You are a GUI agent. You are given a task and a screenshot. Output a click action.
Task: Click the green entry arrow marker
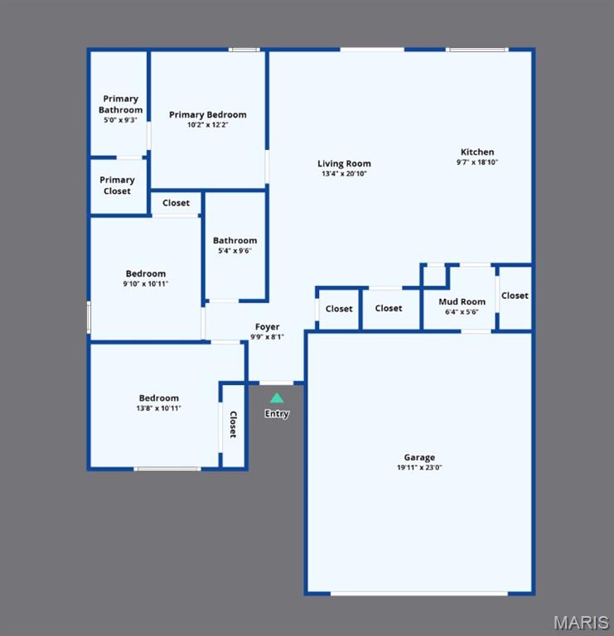click(x=277, y=398)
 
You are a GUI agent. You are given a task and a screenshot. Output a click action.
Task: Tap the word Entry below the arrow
click(x=277, y=414)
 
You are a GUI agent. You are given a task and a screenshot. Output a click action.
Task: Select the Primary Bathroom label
click(x=120, y=104)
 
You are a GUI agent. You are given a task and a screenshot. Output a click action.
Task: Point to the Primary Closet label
click(x=117, y=185)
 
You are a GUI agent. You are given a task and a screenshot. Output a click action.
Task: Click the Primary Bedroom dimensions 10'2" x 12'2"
click(x=207, y=125)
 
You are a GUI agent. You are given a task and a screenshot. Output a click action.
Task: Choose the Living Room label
click(x=344, y=164)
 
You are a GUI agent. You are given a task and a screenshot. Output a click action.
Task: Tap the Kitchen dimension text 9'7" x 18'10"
click(x=477, y=162)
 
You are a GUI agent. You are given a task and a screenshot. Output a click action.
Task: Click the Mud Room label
click(x=462, y=302)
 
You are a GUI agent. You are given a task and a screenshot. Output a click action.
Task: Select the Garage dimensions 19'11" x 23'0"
click(x=419, y=468)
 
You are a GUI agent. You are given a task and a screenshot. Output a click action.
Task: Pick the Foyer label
click(x=267, y=327)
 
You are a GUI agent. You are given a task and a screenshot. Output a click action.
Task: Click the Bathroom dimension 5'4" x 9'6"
click(x=234, y=251)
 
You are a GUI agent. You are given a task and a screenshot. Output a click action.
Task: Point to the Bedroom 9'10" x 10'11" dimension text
click(x=146, y=284)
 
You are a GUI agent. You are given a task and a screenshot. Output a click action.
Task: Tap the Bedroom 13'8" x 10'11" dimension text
click(x=158, y=408)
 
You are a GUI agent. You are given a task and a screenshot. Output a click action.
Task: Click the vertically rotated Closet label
click(x=233, y=425)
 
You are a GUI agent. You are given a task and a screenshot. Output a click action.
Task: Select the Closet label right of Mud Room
click(x=515, y=296)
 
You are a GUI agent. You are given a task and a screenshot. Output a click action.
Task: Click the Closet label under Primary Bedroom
click(x=176, y=203)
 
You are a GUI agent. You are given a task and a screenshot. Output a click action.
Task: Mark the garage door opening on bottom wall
click(x=419, y=593)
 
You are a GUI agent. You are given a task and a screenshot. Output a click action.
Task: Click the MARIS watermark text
click(x=581, y=622)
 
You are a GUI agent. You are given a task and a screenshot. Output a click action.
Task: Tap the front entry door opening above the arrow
click(x=277, y=383)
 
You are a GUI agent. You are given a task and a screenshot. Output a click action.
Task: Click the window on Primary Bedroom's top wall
click(x=244, y=50)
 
